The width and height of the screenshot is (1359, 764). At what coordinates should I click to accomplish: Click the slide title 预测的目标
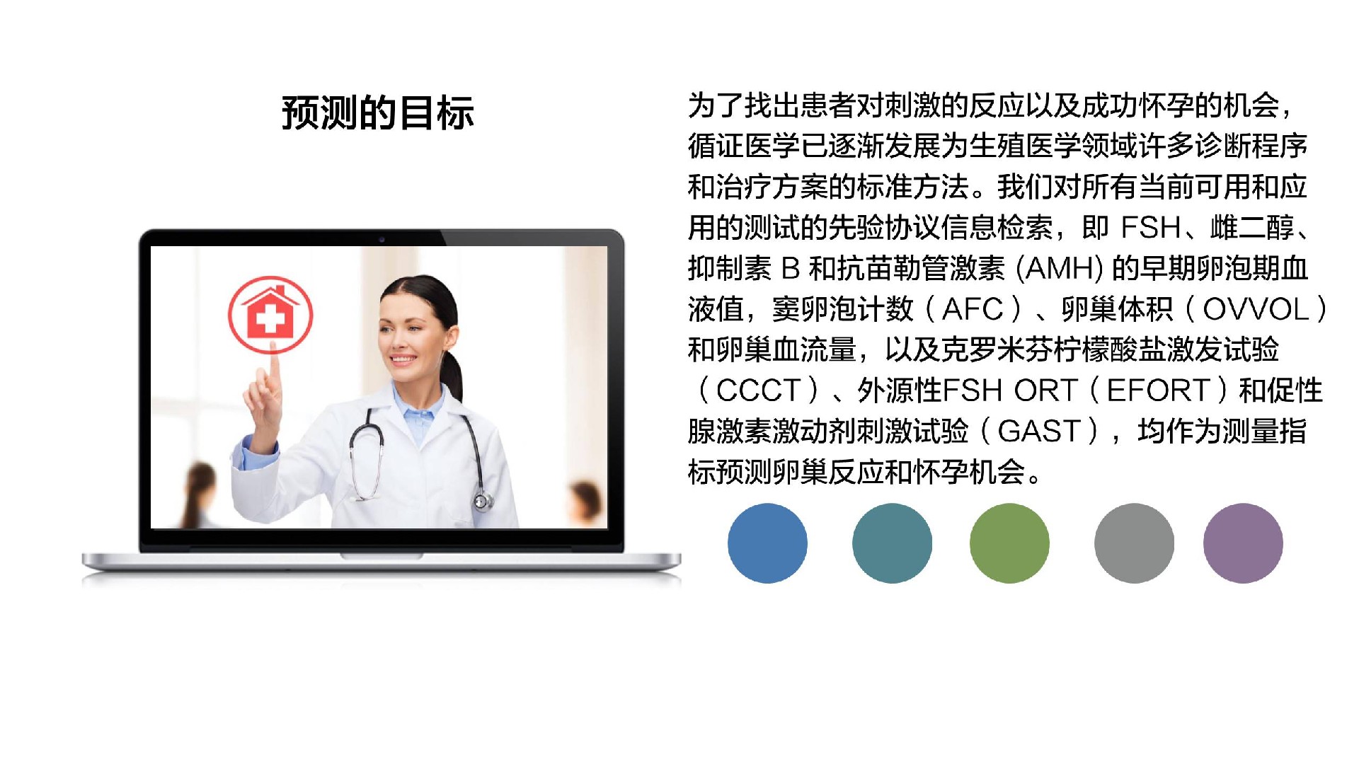click(x=378, y=113)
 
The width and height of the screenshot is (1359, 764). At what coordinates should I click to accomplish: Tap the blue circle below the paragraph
click(x=767, y=543)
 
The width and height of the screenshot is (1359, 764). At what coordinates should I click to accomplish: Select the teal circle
click(x=892, y=543)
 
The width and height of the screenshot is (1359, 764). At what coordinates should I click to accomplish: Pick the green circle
click(x=1009, y=543)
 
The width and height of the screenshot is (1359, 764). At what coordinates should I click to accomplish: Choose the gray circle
click(x=1134, y=543)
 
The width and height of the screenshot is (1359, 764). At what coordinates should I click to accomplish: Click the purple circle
click(x=1243, y=543)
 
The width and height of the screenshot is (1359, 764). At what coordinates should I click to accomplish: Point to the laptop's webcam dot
click(x=382, y=239)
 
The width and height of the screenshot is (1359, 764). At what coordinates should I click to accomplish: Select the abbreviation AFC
click(x=972, y=309)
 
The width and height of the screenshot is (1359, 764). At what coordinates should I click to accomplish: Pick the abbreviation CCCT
click(x=758, y=390)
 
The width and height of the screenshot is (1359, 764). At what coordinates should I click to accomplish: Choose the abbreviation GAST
click(x=1038, y=431)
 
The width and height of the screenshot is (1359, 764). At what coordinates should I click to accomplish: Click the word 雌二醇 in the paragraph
click(x=1252, y=228)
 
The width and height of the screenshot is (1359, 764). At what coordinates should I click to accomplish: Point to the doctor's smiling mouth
click(x=403, y=359)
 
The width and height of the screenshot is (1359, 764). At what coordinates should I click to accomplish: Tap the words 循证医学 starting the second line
click(x=744, y=146)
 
